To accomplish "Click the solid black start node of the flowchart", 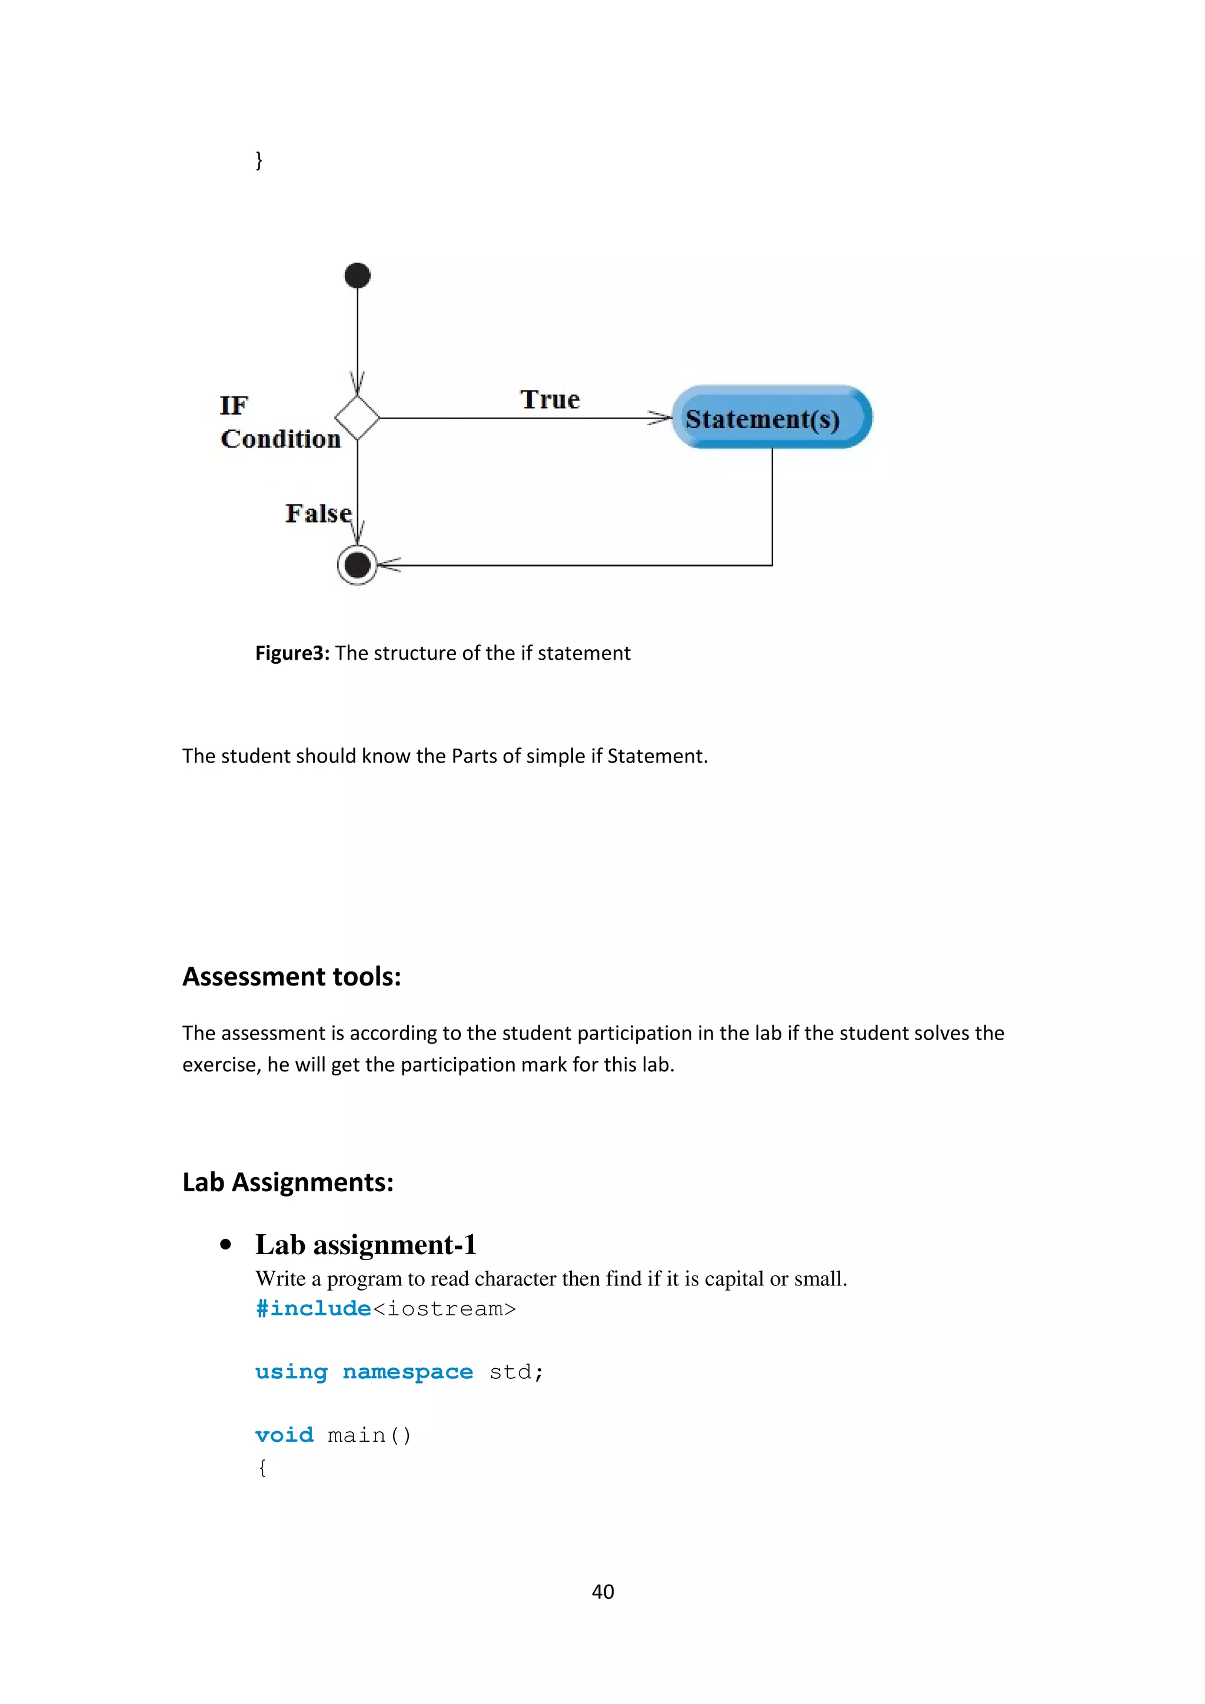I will click(357, 275).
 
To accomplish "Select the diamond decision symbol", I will click(357, 418).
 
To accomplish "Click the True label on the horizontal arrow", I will click(550, 399).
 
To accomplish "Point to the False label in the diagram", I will click(318, 513).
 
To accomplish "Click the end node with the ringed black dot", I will click(357, 565).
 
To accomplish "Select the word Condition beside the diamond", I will click(281, 439).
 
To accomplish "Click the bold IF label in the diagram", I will click(233, 405).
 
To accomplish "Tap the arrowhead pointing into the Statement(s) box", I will click(660, 418).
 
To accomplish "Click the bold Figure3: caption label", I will click(292, 653).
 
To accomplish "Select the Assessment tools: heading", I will click(292, 976).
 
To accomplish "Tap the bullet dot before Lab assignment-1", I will click(226, 1245).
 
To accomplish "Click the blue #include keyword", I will click(312, 1308).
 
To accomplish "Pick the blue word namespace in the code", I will click(408, 1372).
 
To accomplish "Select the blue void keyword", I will click(284, 1435).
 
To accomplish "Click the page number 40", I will click(602, 1591).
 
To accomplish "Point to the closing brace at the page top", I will click(258, 159).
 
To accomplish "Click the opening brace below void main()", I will click(261, 1467).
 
